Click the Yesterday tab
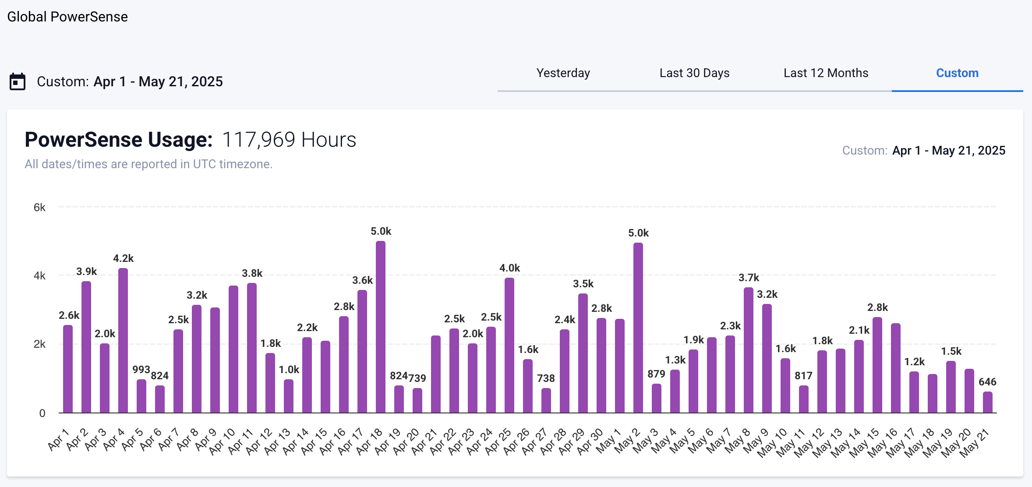pos(563,73)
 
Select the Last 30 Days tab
pos(694,73)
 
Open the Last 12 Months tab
pos(826,73)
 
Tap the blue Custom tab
pos(957,73)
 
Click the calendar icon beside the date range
pos(18,82)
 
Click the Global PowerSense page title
pos(67,17)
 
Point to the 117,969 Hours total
pos(289,140)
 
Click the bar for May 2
pos(638,328)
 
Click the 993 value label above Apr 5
pos(141,370)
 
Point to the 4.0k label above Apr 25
pos(509,268)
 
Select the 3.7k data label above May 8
pos(749,278)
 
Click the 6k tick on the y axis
pos(39,208)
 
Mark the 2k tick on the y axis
pos(39,344)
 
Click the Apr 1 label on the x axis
pos(59,439)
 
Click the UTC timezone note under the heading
pos(148,164)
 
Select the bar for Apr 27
pos(546,400)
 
